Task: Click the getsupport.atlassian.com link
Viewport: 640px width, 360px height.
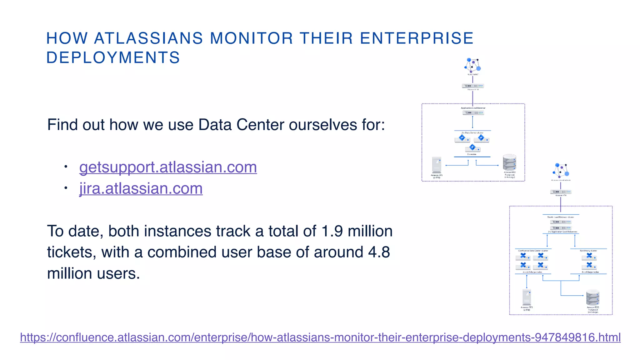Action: coord(168,167)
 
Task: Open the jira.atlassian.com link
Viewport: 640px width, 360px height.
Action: coord(141,188)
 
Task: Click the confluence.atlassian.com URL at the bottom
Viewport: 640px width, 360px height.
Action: coord(320,337)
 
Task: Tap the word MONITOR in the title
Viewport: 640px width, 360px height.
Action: coord(251,38)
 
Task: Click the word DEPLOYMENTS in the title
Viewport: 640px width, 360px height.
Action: coord(113,58)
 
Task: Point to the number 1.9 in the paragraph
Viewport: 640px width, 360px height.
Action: coord(332,232)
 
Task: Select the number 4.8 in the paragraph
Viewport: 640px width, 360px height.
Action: coord(379,252)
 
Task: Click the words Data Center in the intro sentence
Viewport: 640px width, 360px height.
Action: coord(242,125)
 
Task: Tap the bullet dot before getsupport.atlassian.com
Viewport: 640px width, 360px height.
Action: coord(66,167)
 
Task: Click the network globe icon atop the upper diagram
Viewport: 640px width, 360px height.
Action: coord(472,65)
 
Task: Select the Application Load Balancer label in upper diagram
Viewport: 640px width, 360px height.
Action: coord(473,108)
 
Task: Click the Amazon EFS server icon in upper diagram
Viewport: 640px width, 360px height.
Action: coord(437,165)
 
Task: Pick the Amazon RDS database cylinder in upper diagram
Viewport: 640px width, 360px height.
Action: coord(509,162)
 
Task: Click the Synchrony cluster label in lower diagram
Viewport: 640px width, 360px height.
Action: coord(588,251)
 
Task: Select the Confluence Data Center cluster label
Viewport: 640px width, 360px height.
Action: coord(533,251)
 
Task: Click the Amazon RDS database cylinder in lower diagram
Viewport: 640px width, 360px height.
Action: coord(592,297)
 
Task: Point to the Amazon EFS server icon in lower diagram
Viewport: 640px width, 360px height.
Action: coord(527,297)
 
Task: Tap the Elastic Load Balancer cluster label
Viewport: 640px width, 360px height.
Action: coord(561,217)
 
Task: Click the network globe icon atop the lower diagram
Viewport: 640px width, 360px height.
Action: coord(561,170)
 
